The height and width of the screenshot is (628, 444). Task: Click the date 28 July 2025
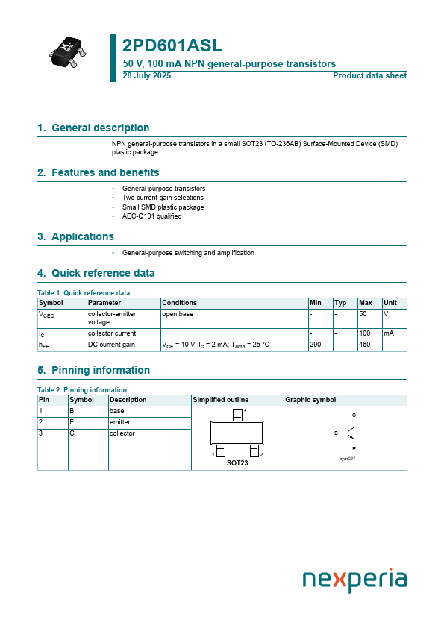click(x=146, y=76)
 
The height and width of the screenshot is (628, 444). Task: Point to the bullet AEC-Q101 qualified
click(x=151, y=216)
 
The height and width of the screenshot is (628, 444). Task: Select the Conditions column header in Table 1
click(x=180, y=303)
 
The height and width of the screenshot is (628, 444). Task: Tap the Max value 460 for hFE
click(x=365, y=345)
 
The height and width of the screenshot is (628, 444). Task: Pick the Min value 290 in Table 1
click(x=316, y=345)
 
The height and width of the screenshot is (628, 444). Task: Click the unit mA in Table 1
click(x=389, y=333)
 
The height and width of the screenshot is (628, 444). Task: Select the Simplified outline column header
click(x=221, y=400)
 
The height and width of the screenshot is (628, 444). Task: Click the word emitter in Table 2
click(x=120, y=422)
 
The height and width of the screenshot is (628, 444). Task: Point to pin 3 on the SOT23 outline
click(x=238, y=414)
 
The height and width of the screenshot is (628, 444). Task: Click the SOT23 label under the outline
click(x=237, y=463)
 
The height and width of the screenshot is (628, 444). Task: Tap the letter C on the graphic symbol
click(x=354, y=415)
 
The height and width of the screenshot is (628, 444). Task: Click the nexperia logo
click(x=354, y=580)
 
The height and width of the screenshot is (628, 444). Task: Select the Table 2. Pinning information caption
click(x=81, y=390)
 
